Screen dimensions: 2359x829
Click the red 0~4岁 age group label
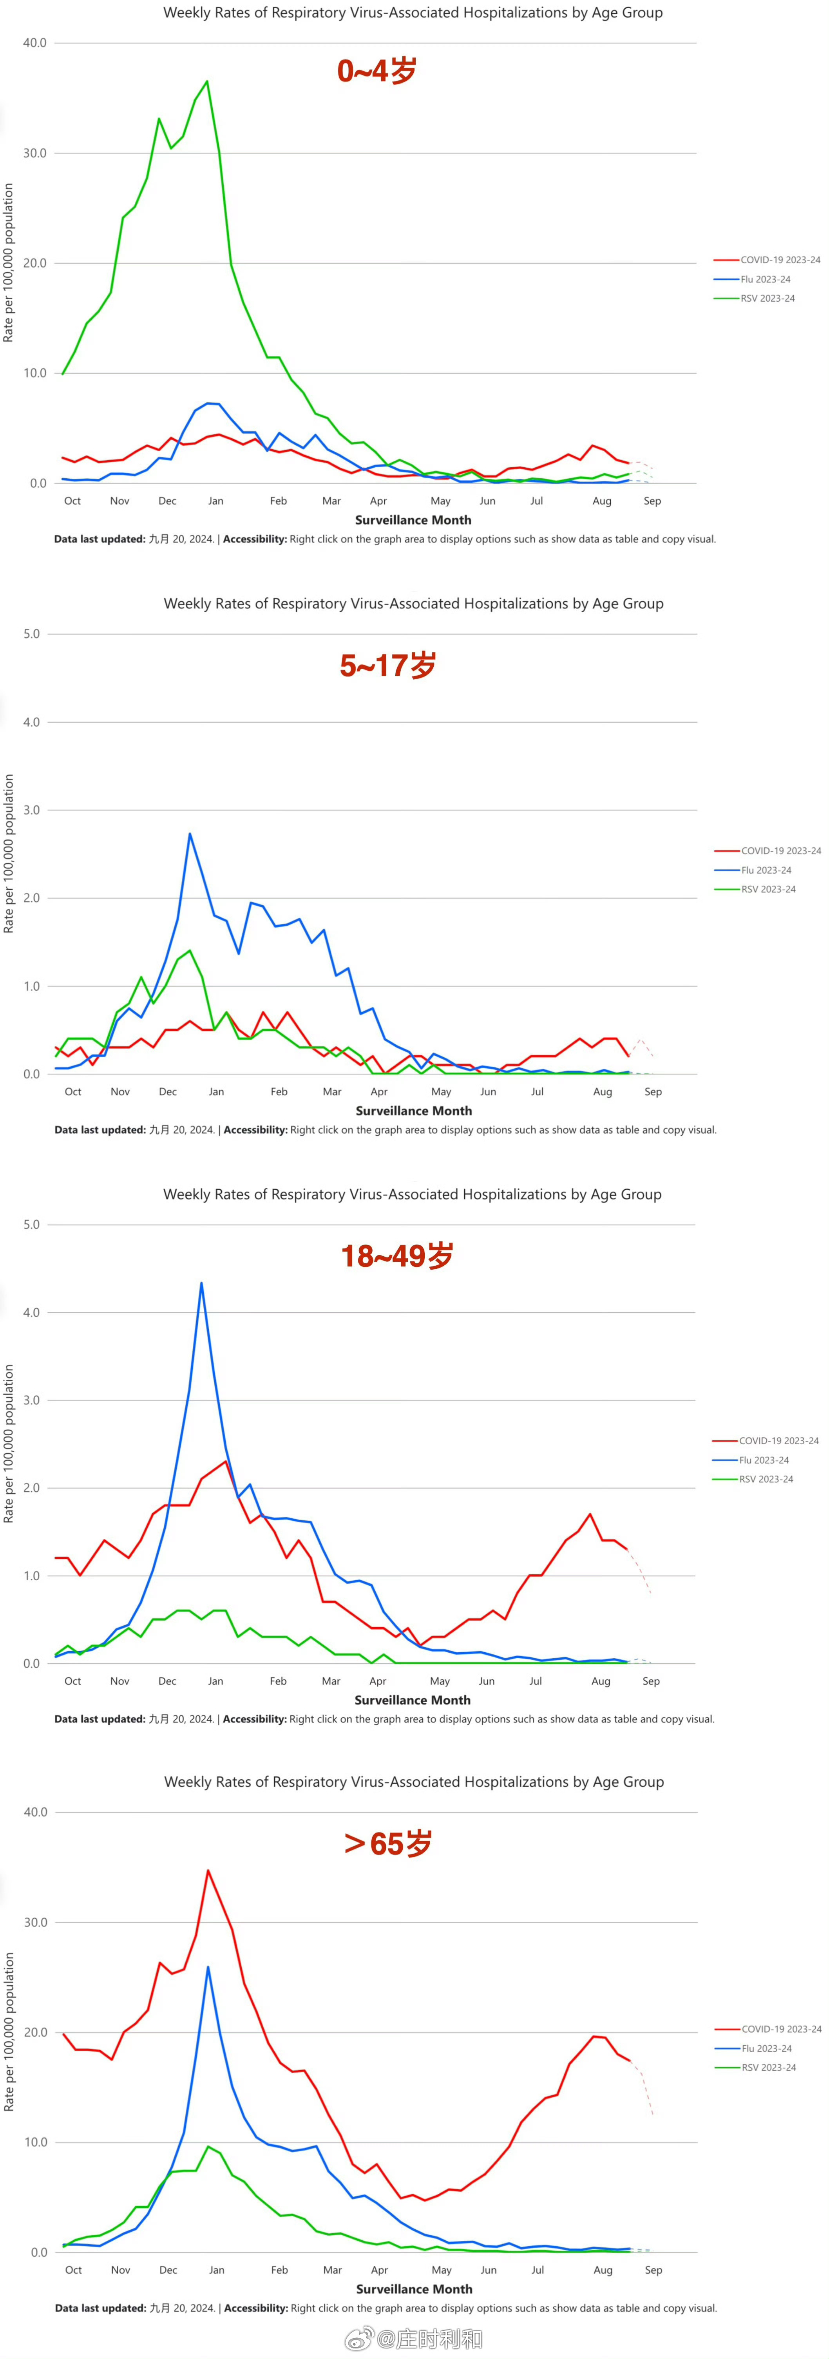pos(376,71)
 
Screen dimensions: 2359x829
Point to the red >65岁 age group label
pos(387,1843)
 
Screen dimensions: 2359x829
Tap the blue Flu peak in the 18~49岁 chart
pos(201,1283)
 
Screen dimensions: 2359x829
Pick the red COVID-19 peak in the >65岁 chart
pos(208,1871)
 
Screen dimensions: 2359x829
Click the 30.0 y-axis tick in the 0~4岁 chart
pos(35,153)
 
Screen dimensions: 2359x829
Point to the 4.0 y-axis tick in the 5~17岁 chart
pos(32,722)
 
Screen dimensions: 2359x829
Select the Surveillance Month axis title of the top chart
pos(413,520)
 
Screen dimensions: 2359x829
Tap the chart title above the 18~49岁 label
pos(412,1194)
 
